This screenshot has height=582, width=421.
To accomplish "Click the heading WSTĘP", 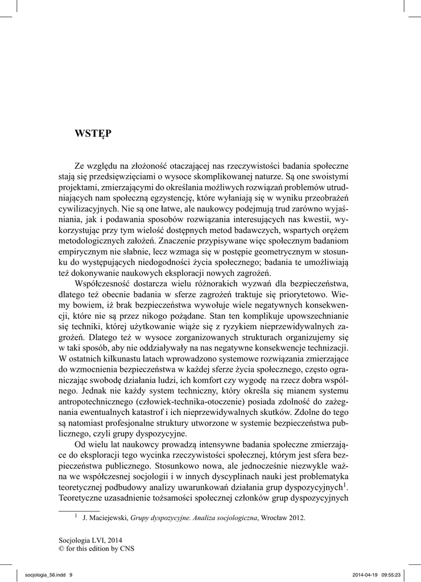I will coord(93,134).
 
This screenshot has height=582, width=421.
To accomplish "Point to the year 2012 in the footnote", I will coord(298,518).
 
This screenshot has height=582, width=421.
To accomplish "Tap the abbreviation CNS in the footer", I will coord(126,549).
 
